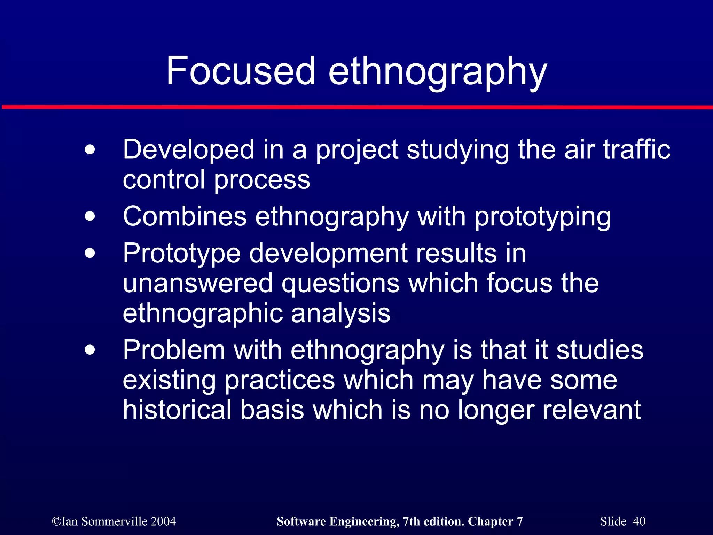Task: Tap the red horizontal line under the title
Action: coord(356,107)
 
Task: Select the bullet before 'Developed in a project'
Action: coord(90,150)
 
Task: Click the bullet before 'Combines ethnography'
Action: coord(90,216)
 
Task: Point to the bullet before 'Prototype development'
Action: coord(90,253)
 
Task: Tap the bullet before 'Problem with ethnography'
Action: coord(90,350)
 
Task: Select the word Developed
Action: coord(188,150)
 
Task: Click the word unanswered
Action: coord(198,283)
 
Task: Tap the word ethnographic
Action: coord(203,313)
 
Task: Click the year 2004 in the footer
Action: coord(163,521)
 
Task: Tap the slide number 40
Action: coord(639,521)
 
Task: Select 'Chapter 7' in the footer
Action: coord(495,521)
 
